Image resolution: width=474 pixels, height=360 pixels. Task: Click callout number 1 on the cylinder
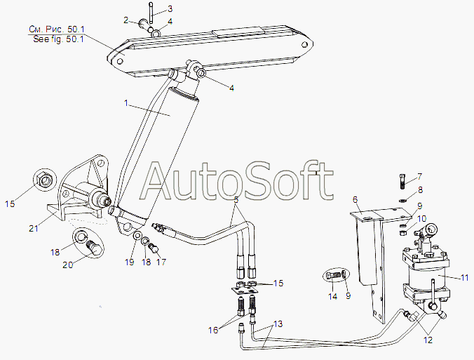(x=126, y=104)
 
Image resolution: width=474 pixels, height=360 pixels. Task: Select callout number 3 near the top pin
(x=126, y=20)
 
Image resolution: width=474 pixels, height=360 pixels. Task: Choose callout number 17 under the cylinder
(x=161, y=263)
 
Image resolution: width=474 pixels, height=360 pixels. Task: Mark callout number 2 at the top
(x=126, y=20)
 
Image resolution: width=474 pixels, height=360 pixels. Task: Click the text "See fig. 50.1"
(x=59, y=39)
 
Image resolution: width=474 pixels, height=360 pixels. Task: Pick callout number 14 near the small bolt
(x=332, y=296)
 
